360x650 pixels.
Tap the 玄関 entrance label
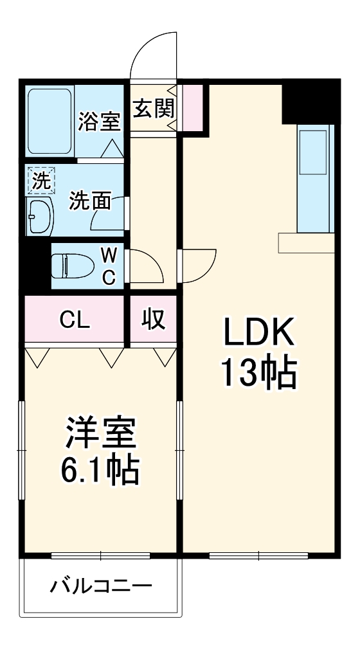153,108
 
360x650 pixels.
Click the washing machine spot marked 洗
40,181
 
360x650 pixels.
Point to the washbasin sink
42,217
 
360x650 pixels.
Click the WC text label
109,266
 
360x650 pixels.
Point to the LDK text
258,332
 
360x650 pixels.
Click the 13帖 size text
258,373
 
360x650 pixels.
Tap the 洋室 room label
100,436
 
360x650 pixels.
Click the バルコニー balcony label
101,586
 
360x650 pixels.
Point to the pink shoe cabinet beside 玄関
192,107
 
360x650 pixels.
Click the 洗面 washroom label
89,200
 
